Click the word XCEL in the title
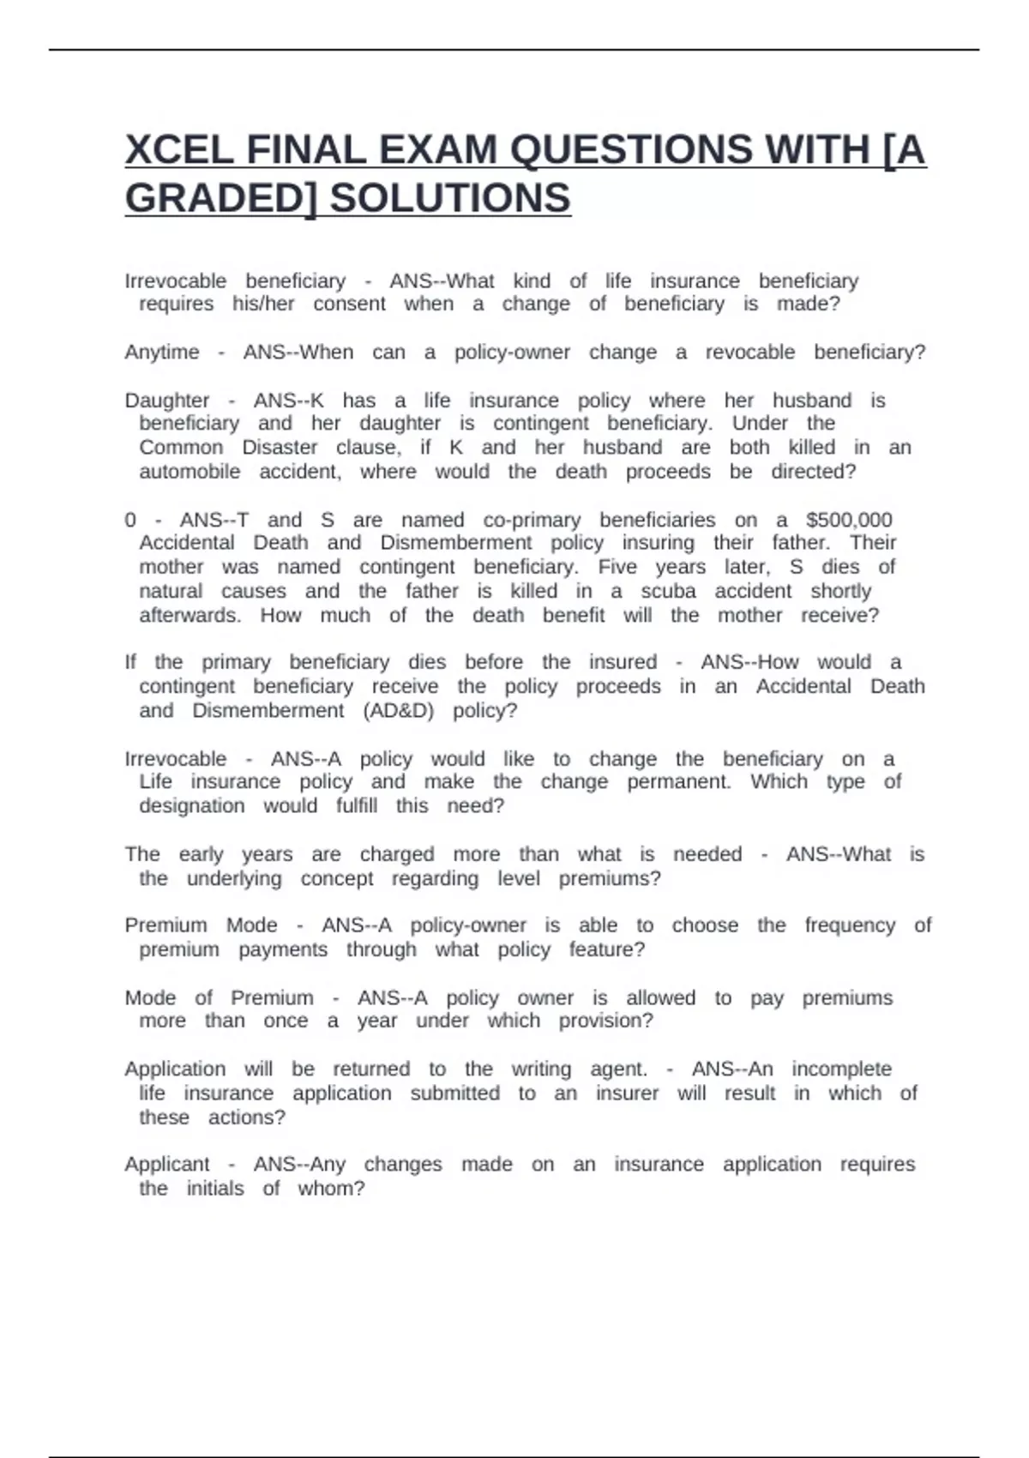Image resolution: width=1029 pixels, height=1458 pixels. (179, 150)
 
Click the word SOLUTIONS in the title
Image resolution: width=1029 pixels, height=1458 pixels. (450, 198)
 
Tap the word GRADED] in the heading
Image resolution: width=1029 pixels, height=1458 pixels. (221, 198)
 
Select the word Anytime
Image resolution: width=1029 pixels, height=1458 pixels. (162, 352)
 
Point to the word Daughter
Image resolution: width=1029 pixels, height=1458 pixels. (167, 401)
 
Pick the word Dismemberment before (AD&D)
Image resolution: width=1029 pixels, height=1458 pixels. (268, 711)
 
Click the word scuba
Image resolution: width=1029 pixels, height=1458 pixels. (668, 591)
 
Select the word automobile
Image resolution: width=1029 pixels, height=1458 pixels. (190, 472)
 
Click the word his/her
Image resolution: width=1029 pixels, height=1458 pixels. (263, 304)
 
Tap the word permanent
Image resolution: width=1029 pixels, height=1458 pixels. (679, 782)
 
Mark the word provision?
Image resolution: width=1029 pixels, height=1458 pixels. (605, 1021)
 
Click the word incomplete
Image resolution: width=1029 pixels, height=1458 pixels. (841, 1069)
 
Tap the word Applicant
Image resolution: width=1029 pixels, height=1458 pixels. (167, 1165)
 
